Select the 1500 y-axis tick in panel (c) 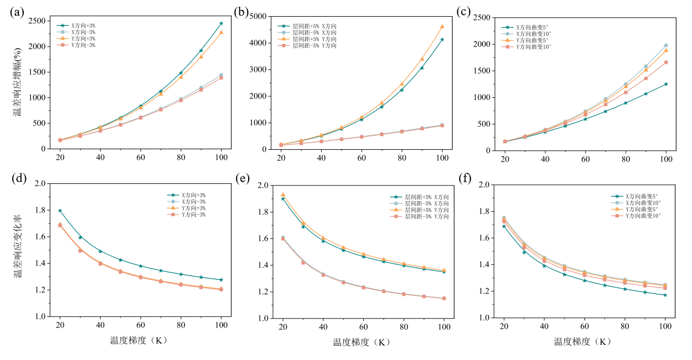[481, 71]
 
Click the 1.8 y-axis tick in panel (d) [42, 210]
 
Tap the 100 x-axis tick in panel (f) [666, 326]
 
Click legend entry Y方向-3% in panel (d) [194, 215]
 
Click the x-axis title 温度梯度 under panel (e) [361, 342]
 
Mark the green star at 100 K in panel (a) [221, 23]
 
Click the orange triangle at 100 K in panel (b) [442, 26]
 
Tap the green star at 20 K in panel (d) [60, 210]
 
